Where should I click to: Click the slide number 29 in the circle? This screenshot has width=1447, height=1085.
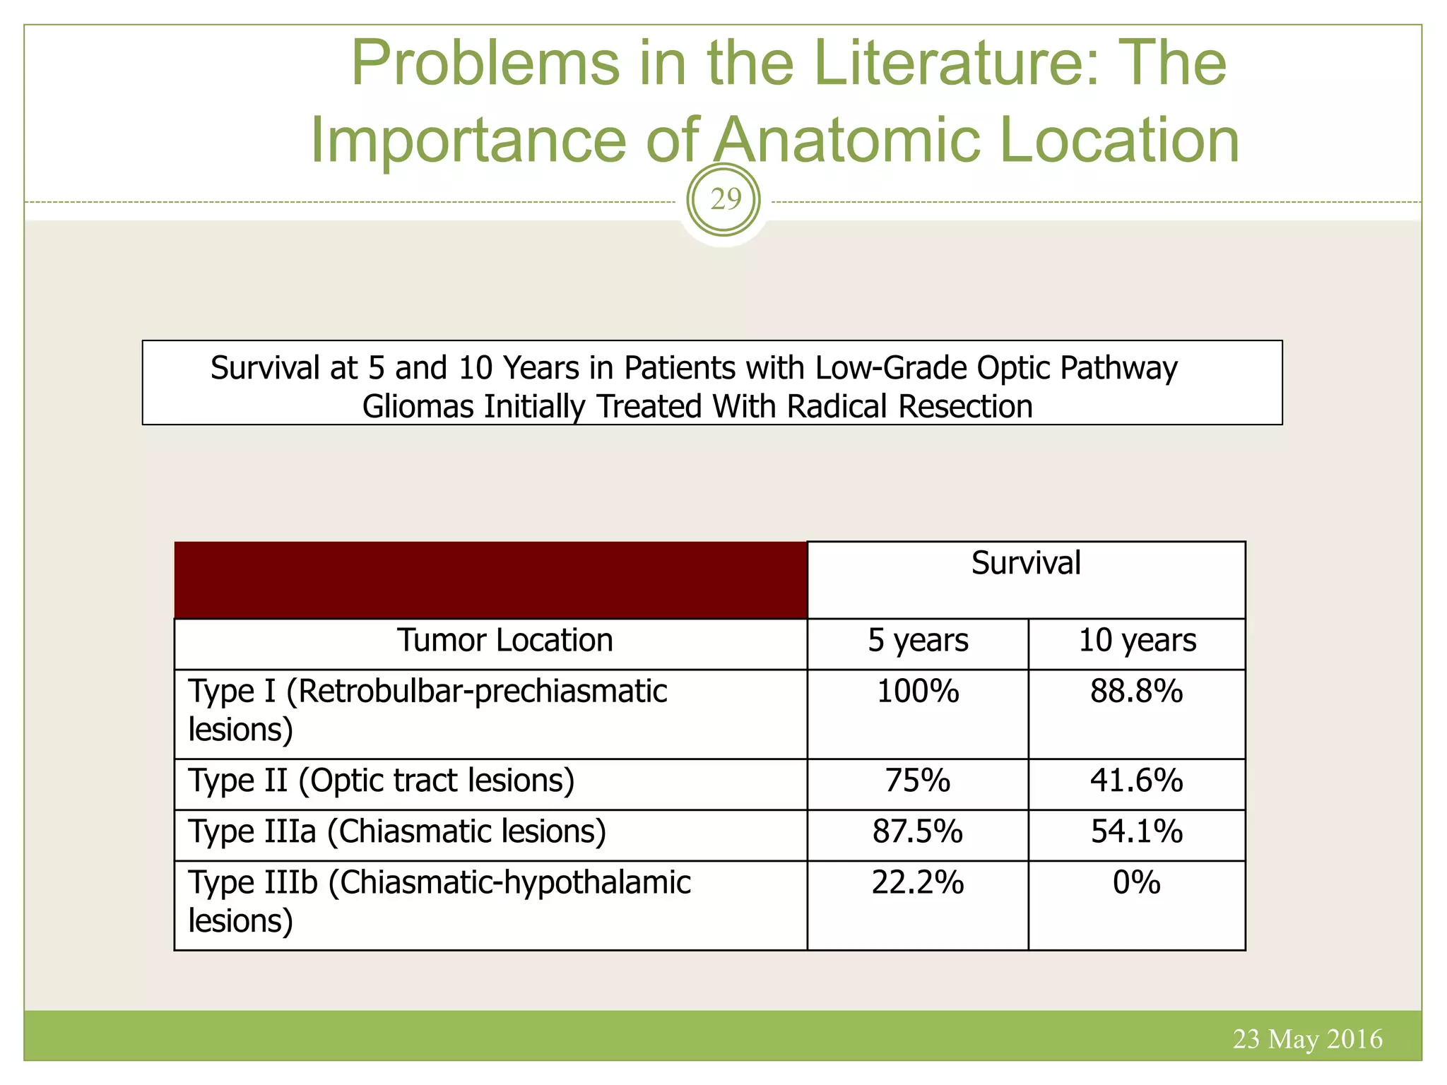(725, 201)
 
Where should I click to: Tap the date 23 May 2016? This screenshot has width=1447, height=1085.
(1307, 1039)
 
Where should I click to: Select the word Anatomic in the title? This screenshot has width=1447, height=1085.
(846, 140)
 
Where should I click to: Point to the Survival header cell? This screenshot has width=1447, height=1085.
(1025, 564)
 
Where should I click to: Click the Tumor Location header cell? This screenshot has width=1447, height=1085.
(504, 641)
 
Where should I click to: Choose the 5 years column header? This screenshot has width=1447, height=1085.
(918, 641)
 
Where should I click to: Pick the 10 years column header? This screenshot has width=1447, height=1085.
(1137, 641)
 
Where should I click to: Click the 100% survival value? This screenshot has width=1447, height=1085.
(918, 692)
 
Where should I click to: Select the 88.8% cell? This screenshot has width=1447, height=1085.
(1136, 692)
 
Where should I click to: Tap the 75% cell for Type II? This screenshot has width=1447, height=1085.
(918, 781)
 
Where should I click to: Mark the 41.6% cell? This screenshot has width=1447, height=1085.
(1136, 781)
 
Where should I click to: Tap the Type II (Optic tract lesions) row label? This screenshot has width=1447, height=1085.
(382, 781)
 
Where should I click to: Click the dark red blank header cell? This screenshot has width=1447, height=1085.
(490, 580)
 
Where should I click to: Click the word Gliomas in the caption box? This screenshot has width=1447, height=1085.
(418, 408)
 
